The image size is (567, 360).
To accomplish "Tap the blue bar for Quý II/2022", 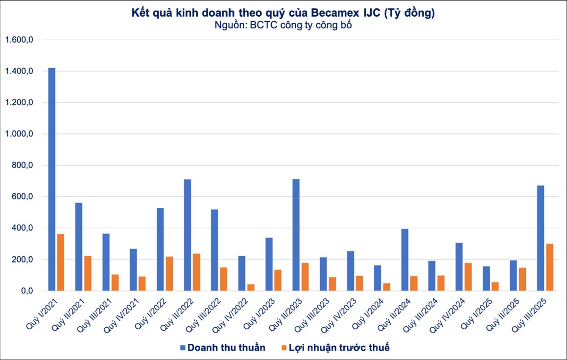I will point(187,235).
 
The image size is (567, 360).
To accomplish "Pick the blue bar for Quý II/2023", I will point(296,235).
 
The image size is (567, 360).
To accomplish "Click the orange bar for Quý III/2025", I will point(549,267).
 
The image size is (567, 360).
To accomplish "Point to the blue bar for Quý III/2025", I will point(541,238).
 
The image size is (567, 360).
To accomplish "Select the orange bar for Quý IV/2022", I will point(251,287).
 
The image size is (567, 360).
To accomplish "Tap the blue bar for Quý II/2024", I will point(404,260).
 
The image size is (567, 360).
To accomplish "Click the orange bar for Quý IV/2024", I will point(468,277).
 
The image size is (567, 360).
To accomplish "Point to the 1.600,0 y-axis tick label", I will point(18,40).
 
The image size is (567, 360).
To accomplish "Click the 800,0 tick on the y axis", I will point(21,166).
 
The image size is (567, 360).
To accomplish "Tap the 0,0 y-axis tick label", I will point(24,291).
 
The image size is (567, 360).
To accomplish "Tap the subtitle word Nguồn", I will point(230,25).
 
